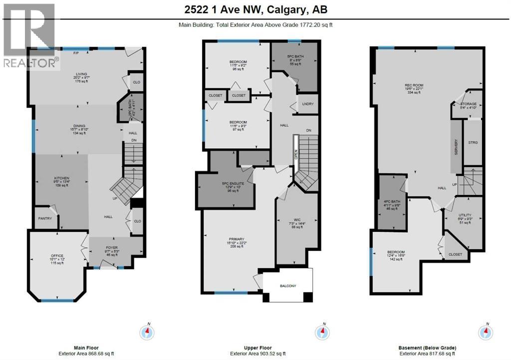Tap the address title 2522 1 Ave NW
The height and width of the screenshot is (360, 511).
(x=255, y=9)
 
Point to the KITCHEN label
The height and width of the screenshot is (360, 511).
(x=61, y=178)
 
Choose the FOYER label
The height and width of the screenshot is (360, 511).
(x=111, y=246)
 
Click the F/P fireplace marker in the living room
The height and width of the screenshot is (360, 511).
(x=76, y=53)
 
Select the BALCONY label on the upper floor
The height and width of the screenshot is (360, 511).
(x=288, y=286)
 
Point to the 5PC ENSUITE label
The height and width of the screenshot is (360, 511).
(x=233, y=183)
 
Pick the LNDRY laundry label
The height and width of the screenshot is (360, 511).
(x=307, y=104)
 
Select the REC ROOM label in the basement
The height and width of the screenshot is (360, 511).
(x=414, y=85)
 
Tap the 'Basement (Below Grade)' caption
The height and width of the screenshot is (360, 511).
(x=428, y=348)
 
